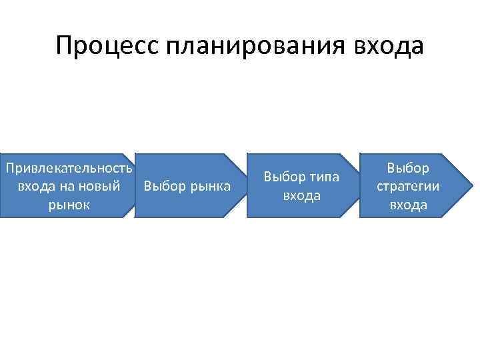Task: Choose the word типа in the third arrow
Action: pyautogui.click(x=323, y=177)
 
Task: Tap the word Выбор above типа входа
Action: pyautogui.click(x=284, y=177)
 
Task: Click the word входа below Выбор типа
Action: pyautogui.click(x=302, y=195)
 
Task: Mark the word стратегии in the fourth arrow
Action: pyautogui.click(x=408, y=186)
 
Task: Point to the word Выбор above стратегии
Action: pyautogui.click(x=408, y=168)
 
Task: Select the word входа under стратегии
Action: pyautogui.click(x=408, y=205)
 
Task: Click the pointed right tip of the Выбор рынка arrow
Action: pyautogui.click(x=245, y=185)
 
